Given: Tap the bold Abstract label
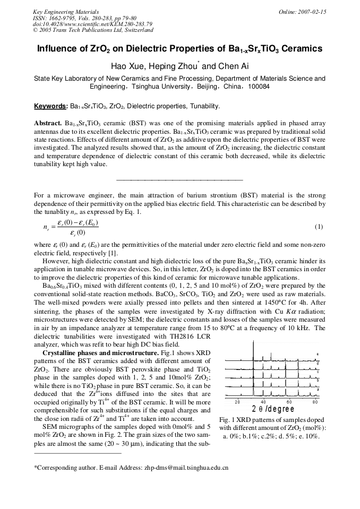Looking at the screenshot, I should tap(48, 123).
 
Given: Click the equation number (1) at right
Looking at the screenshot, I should tap(319, 227).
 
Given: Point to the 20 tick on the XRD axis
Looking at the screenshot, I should tap(237, 402).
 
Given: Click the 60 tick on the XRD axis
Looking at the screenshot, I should tap(289, 402).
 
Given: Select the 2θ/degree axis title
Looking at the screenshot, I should tap(272, 409).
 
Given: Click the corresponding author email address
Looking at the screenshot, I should tap(186, 468).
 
